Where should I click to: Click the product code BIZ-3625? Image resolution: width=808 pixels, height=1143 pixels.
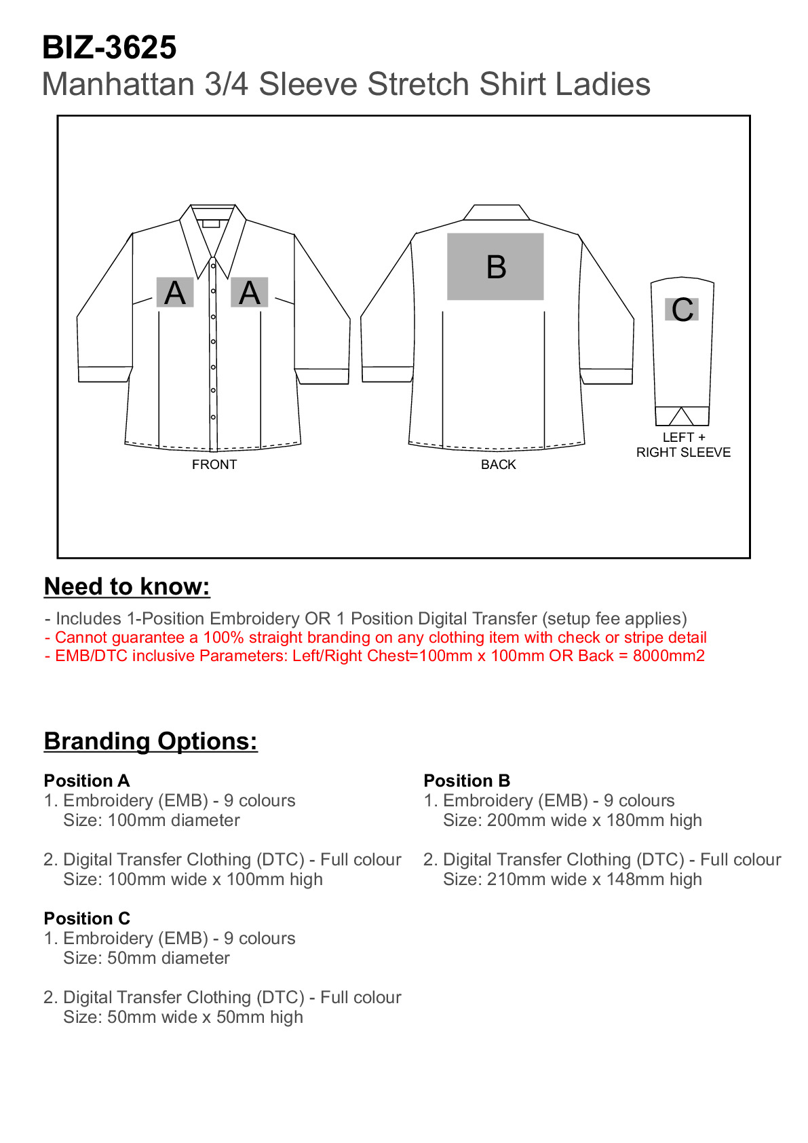[x=109, y=48]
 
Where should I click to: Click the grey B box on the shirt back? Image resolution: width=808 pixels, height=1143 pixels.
[x=495, y=266]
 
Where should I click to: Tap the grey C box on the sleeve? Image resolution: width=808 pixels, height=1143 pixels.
[x=682, y=310]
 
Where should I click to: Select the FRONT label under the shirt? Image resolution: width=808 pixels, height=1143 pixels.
[x=214, y=464]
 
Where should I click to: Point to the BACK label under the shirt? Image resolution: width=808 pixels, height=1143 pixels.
[x=498, y=464]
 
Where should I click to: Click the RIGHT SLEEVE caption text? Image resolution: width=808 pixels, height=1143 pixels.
[x=683, y=452]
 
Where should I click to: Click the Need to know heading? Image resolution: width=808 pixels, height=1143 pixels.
[x=127, y=586]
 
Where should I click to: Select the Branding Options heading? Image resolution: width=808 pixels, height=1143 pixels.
[x=151, y=741]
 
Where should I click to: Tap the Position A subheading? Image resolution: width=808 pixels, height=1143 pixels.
[x=87, y=781]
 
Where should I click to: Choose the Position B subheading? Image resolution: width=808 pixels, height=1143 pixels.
[x=467, y=781]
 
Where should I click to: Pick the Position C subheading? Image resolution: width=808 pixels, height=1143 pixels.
[x=87, y=918]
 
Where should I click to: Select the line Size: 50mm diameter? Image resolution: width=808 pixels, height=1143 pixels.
[x=147, y=958]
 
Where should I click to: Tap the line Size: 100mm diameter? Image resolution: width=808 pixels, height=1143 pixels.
[x=151, y=820]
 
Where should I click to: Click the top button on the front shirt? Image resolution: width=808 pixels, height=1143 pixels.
[x=213, y=266]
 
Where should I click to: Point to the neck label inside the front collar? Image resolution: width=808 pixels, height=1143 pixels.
[x=211, y=223]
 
